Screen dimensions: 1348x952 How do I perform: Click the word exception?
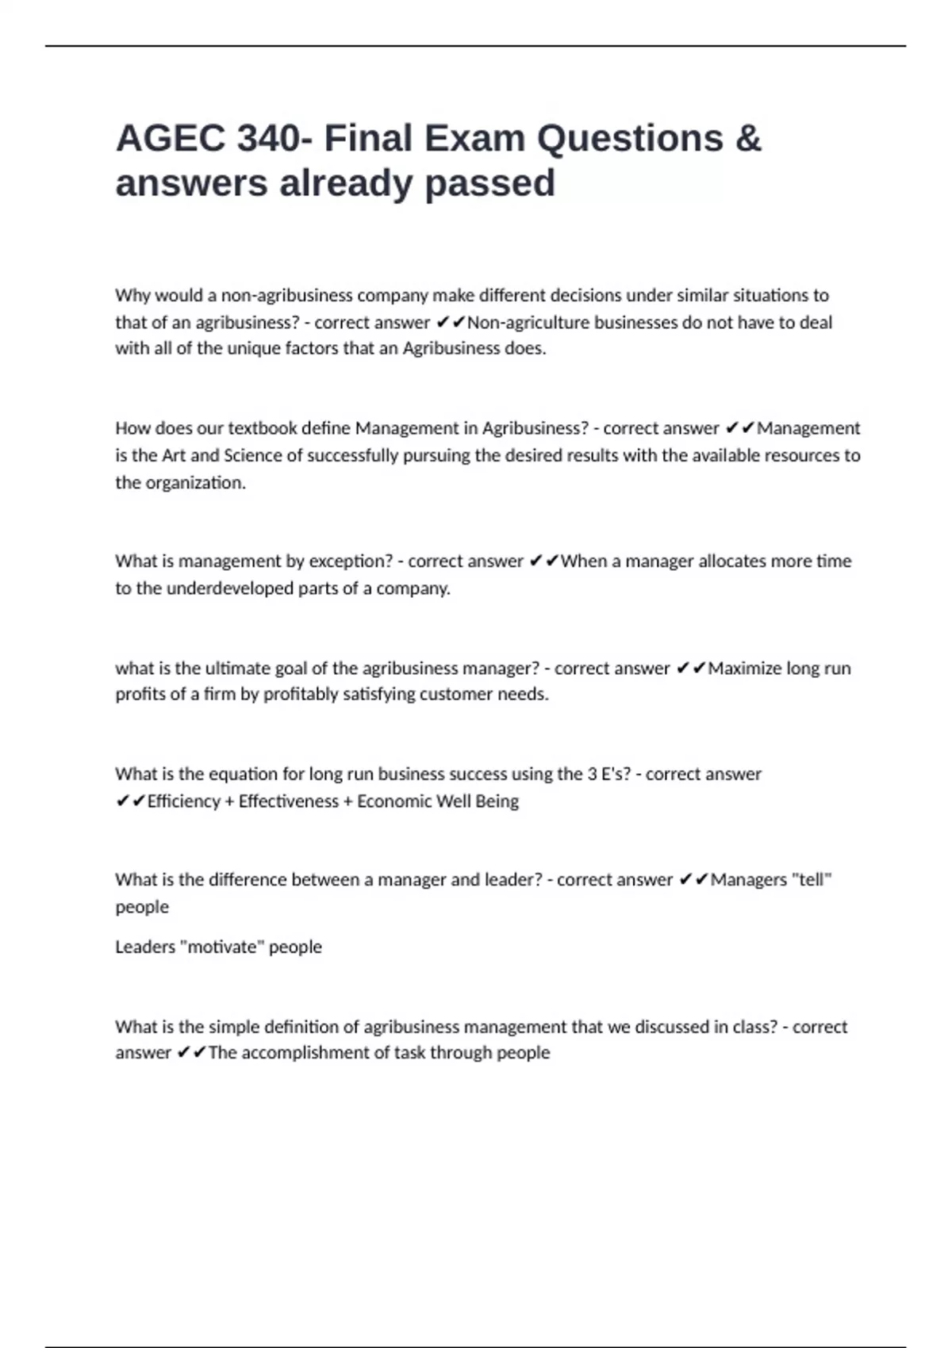(x=351, y=561)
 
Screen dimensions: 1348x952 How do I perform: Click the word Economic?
(x=393, y=801)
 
